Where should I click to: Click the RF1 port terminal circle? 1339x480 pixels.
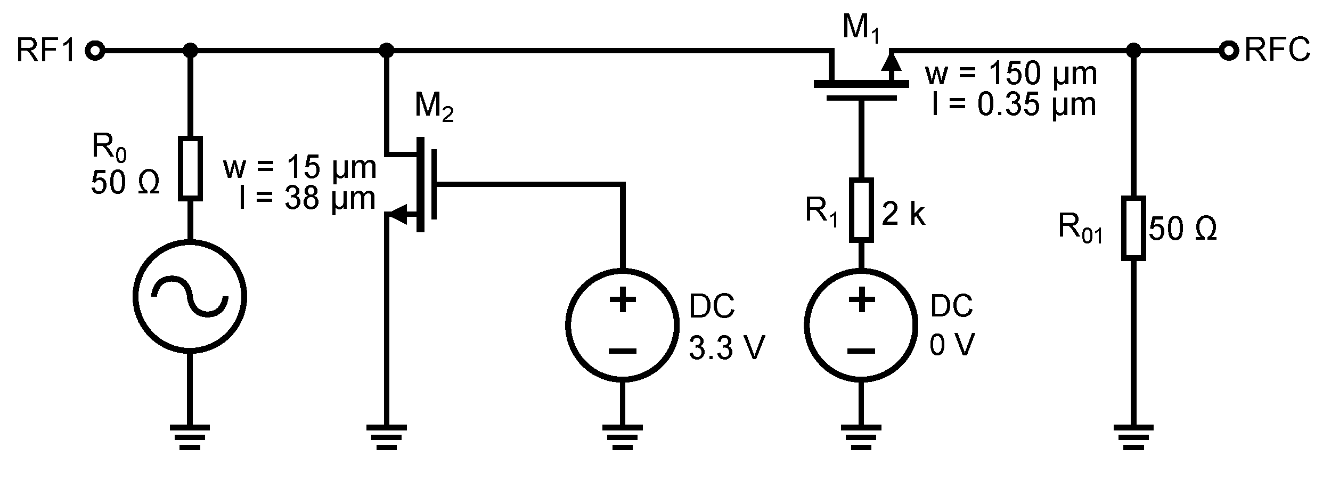pos(96,51)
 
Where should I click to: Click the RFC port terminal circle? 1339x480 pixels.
pos(1229,51)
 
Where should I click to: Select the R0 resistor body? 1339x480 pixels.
pos(190,168)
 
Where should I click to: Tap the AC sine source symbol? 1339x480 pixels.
pos(190,296)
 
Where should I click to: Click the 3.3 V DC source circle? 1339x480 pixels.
pos(622,324)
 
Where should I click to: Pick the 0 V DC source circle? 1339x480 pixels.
pos(861,324)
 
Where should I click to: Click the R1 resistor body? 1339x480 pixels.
pos(861,208)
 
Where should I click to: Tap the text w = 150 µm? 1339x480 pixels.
pos(1011,74)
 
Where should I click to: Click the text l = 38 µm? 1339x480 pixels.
pos(307,198)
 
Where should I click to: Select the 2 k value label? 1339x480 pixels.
pos(904,214)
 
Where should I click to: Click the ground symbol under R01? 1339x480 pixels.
pos(1133,437)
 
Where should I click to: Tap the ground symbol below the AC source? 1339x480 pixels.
pos(190,437)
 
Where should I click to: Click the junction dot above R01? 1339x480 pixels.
pos(1133,51)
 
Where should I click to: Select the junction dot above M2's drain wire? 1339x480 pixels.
pos(387,51)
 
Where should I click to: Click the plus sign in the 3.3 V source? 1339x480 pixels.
pos(622,300)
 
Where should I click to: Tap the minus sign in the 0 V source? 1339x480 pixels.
pos(861,351)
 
